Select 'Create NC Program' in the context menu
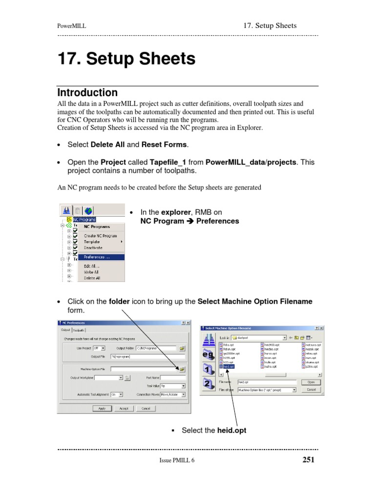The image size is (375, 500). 100,236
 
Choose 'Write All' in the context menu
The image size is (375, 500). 91,272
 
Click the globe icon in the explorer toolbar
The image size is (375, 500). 88,211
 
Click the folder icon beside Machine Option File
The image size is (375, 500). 182,369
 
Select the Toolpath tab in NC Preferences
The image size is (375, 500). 79,330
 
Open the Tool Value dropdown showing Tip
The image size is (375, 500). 173,386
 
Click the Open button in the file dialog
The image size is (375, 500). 311,382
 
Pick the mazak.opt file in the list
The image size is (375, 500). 312,350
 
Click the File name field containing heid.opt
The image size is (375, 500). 267,382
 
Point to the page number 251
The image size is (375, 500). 308,459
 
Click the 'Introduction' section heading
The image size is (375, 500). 87,93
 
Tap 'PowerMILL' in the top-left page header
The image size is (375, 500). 72,26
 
